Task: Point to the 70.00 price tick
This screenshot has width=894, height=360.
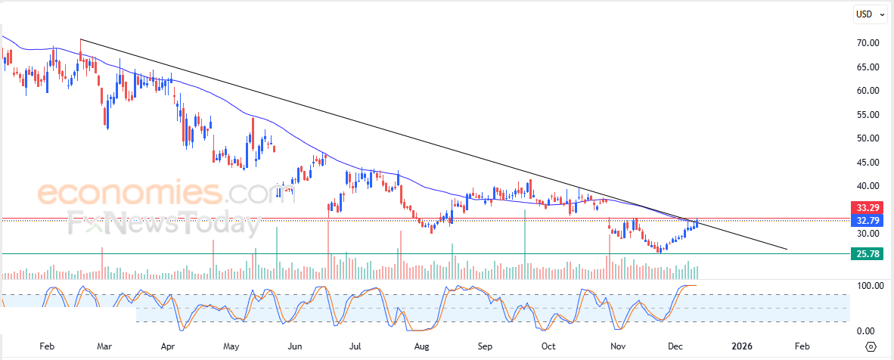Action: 867,43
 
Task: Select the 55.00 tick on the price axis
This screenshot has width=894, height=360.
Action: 867,115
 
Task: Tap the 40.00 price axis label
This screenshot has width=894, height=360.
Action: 867,186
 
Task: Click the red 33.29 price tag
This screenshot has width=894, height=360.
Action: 867,207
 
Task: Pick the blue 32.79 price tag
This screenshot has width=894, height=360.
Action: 867,221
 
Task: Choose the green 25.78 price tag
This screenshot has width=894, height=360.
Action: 867,255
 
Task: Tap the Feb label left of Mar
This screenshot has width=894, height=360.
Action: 47,346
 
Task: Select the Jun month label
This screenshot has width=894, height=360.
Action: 296,346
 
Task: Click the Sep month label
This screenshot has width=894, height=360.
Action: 485,346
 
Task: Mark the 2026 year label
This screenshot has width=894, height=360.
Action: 743,346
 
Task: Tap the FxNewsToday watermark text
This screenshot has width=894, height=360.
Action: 158,224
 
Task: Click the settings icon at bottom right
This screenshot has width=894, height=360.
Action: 871,346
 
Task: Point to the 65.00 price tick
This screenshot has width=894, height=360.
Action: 867,67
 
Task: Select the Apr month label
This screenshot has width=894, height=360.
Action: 168,346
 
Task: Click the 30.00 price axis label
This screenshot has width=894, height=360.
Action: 867,234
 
